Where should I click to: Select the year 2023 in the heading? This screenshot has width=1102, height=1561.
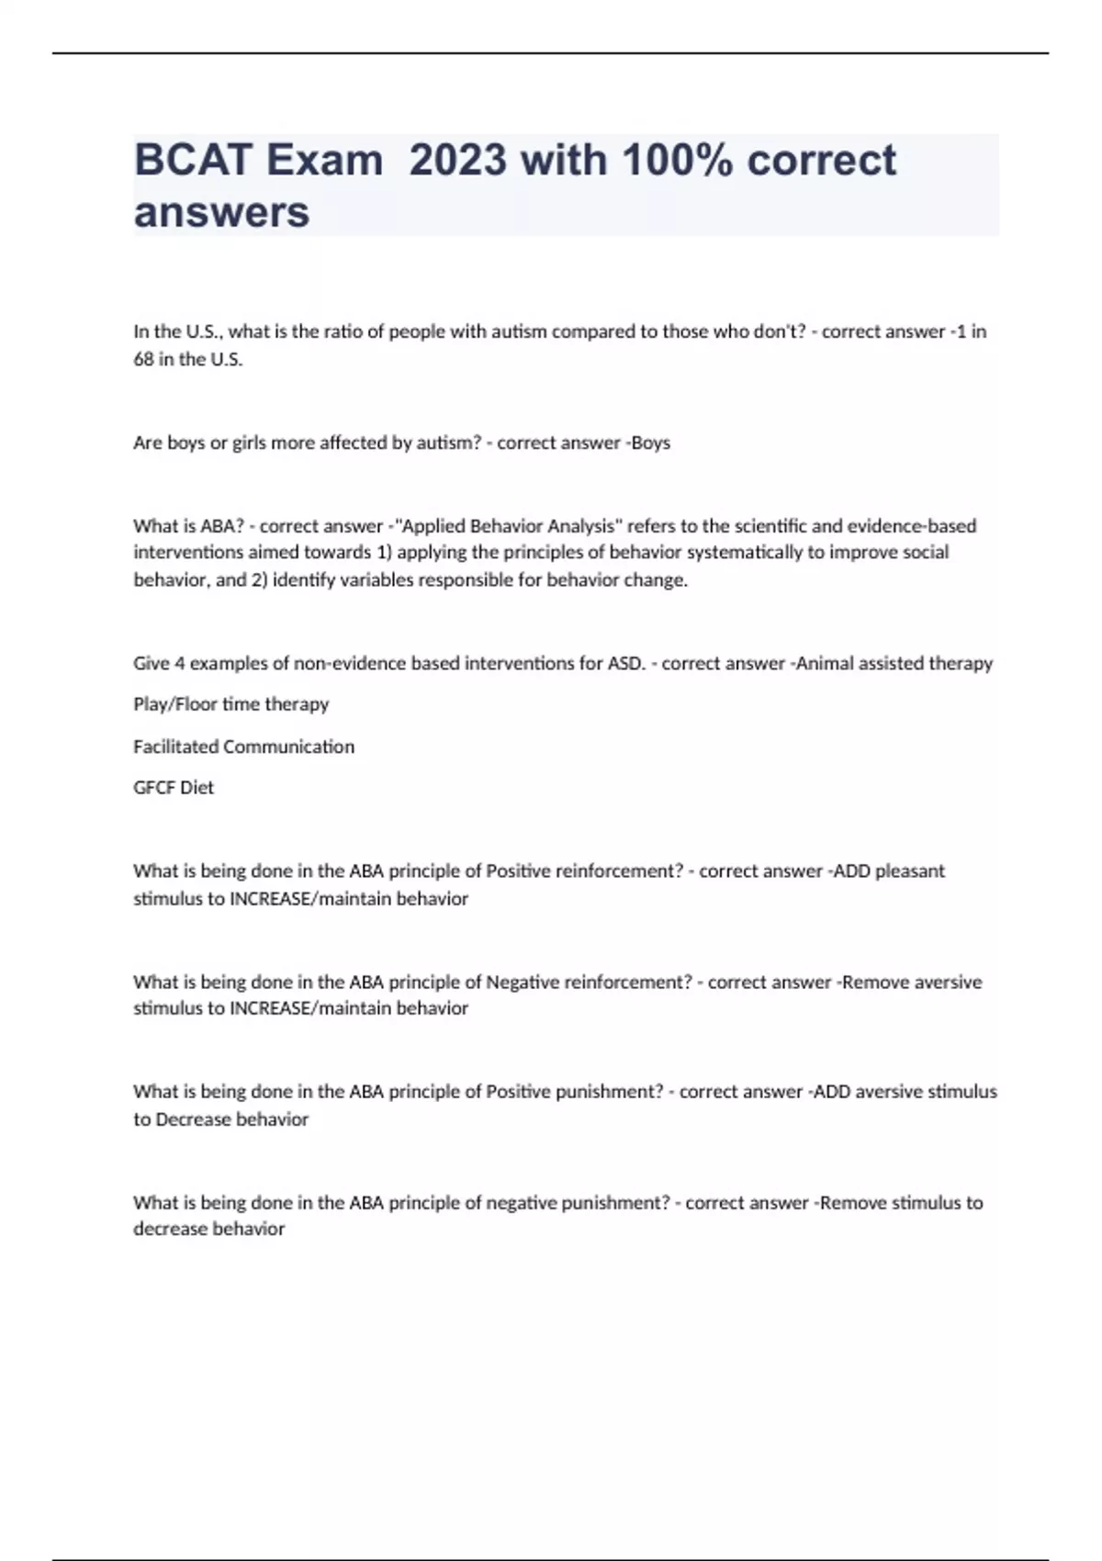coord(457,161)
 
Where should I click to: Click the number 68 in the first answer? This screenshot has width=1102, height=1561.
coord(143,359)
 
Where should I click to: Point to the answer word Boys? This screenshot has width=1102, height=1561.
coord(651,443)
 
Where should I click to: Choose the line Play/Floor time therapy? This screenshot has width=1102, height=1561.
coord(231,704)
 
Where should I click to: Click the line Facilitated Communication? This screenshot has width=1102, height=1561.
coord(243,747)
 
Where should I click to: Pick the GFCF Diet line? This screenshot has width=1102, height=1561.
coord(174,788)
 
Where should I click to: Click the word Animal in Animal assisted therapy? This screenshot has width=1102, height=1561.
coord(824,663)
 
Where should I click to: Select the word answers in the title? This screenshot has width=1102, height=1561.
coord(221,213)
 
